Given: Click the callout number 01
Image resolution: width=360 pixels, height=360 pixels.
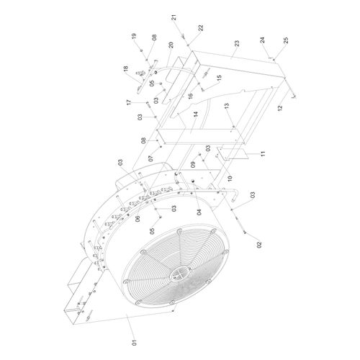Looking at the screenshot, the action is point(135,343).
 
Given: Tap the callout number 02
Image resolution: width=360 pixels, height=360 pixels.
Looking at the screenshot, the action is point(259,245).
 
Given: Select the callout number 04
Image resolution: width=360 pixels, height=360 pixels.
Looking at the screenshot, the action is point(199,212).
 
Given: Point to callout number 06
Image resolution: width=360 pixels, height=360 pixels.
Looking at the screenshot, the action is point(138,219).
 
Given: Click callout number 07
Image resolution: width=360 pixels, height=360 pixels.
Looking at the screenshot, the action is point(150,158).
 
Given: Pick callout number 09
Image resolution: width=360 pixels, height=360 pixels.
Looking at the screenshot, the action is point(193,164).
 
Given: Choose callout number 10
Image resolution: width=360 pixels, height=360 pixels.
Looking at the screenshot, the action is point(230,178).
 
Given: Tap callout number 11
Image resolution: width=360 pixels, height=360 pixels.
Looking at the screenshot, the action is point(263,153).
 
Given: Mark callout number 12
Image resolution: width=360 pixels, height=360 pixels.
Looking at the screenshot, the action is point(280,108).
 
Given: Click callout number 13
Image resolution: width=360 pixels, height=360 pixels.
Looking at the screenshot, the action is point(227,106).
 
